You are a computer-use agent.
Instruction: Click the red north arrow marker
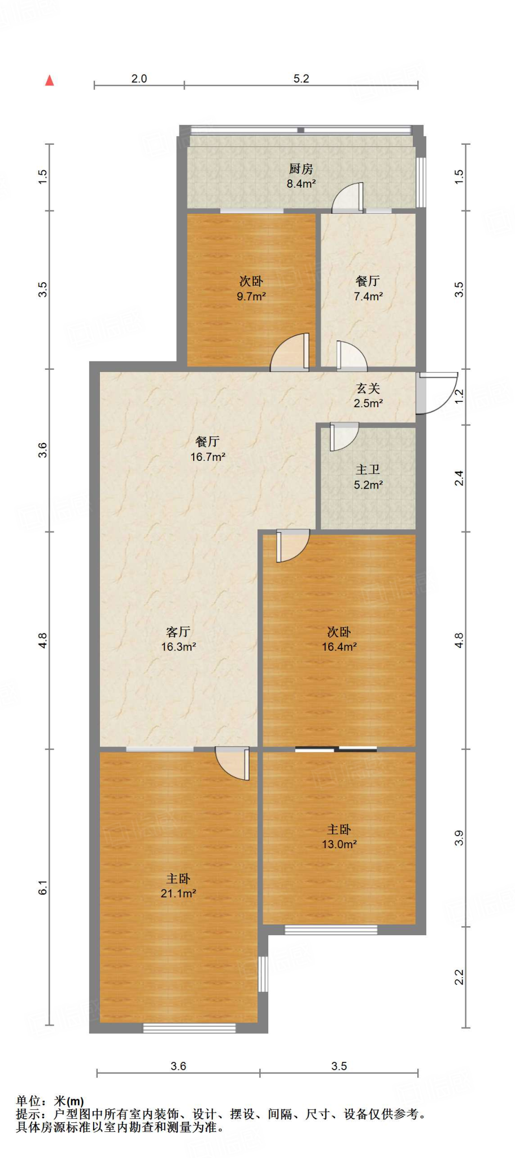(50, 81)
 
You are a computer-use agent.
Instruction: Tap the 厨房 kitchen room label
(301, 168)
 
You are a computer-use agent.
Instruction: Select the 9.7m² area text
(251, 296)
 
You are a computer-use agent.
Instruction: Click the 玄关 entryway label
(368, 388)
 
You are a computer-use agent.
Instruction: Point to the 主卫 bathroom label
(368, 470)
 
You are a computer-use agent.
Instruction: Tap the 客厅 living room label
(178, 632)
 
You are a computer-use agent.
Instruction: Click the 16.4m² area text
(339, 647)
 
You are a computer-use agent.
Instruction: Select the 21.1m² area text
(178, 893)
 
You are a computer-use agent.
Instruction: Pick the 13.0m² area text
(339, 844)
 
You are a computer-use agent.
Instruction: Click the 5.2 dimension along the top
(302, 79)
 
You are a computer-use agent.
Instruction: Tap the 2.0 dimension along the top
(139, 79)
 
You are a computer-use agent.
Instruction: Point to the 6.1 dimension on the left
(43, 888)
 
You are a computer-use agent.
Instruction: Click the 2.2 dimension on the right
(459, 977)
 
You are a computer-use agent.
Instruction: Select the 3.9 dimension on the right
(459, 837)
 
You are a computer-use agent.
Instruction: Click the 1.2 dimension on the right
(459, 396)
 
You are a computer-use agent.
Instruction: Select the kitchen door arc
(347, 197)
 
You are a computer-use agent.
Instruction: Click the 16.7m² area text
(208, 457)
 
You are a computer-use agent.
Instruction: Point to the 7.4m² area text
(368, 296)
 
